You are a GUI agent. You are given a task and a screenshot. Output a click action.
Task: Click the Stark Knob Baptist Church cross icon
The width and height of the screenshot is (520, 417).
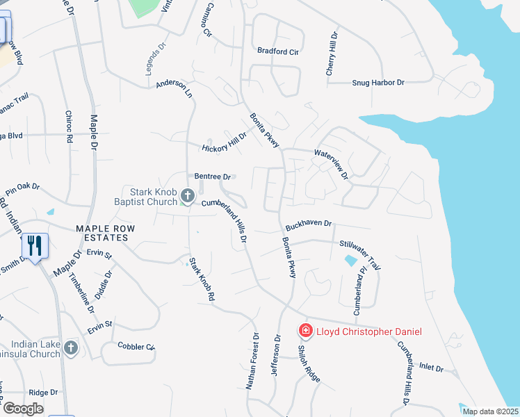tap(187, 196)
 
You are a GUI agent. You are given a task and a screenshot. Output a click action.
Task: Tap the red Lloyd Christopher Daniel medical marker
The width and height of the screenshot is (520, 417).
tap(305, 331)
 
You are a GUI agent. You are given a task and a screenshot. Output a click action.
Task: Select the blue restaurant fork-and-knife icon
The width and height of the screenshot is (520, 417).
tap(35, 245)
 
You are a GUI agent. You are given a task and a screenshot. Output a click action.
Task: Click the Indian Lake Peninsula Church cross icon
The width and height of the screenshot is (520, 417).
tap(70, 347)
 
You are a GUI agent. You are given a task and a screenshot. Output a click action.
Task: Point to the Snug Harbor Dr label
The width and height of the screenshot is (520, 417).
tap(377, 83)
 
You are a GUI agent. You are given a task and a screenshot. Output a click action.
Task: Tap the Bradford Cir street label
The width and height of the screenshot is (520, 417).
tap(277, 51)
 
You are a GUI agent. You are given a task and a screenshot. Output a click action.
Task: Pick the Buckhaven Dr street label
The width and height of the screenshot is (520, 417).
tap(309, 226)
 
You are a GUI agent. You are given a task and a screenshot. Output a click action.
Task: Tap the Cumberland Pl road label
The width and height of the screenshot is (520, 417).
tap(359, 296)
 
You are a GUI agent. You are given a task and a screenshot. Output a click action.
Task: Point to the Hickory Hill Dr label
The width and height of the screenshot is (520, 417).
tap(224, 142)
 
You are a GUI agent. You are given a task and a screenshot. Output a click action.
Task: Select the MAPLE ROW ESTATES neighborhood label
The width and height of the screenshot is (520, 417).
tap(101, 233)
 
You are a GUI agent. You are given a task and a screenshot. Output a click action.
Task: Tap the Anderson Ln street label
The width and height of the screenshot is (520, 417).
tap(174, 88)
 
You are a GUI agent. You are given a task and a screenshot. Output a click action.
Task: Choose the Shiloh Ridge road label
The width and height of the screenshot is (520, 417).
tap(309, 363)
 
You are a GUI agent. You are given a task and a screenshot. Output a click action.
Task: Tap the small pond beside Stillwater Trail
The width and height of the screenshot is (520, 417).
tap(351, 261)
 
